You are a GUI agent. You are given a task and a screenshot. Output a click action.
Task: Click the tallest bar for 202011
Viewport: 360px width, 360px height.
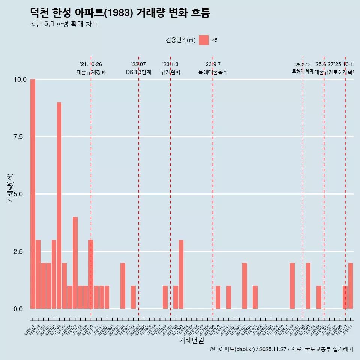33,194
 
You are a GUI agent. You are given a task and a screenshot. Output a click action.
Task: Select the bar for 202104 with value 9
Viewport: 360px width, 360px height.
59,205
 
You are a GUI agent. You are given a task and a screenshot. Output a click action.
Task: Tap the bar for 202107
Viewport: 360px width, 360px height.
75,262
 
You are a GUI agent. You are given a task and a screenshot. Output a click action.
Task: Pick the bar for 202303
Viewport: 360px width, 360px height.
181,274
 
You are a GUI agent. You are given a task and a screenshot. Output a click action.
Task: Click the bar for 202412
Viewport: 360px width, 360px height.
292,286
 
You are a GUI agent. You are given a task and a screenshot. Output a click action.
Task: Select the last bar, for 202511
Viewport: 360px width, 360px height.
351,286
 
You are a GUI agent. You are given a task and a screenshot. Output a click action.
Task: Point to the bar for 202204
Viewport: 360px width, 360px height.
123,286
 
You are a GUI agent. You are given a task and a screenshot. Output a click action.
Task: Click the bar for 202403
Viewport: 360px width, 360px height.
244,286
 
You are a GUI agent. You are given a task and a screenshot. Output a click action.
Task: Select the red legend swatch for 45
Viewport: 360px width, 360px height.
204,40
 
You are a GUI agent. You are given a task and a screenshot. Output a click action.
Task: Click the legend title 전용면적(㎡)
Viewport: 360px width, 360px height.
181,40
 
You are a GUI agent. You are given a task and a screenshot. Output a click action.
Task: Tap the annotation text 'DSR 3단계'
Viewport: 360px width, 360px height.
138,72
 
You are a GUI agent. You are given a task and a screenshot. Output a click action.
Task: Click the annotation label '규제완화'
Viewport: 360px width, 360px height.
171,72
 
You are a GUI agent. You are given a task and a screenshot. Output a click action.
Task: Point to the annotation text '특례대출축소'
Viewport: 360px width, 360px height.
213,72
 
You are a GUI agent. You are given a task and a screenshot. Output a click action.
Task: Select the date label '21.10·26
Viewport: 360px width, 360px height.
91,64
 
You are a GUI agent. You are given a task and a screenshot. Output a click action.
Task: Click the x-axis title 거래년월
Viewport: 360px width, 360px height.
191,340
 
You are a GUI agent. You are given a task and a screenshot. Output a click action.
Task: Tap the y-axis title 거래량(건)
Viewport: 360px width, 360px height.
10,188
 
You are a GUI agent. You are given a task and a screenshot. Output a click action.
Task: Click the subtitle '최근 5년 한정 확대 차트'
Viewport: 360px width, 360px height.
64,24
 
